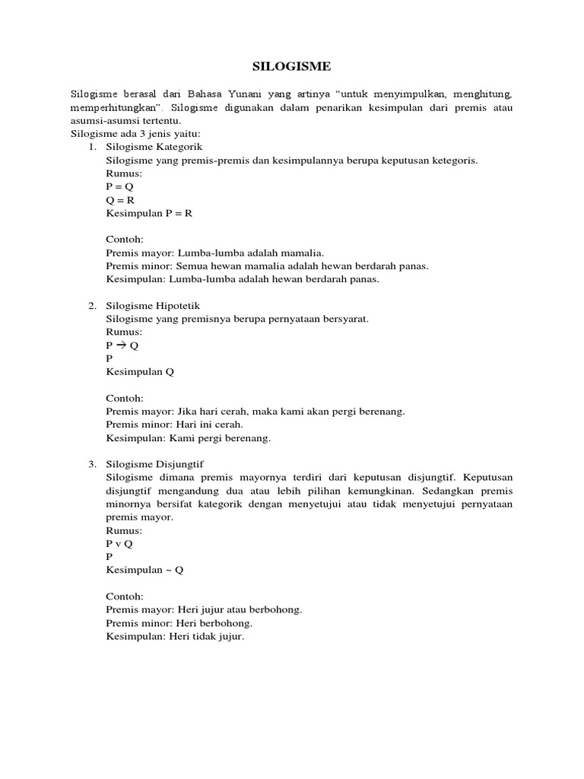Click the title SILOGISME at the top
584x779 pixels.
coord(291,67)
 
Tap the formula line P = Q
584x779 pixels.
coord(120,186)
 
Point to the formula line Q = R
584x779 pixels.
coord(120,199)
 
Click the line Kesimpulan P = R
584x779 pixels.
coord(149,213)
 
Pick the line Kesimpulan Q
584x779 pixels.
coord(140,371)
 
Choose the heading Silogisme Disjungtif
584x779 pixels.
coord(155,464)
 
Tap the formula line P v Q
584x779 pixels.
coord(119,543)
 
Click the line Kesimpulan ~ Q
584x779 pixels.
coord(144,570)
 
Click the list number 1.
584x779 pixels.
coord(91,147)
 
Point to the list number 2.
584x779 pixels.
coord(91,306)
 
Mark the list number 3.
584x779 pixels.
coord(91,464)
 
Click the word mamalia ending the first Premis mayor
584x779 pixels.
coord(303,253)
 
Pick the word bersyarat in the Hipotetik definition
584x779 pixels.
coord(345,319)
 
